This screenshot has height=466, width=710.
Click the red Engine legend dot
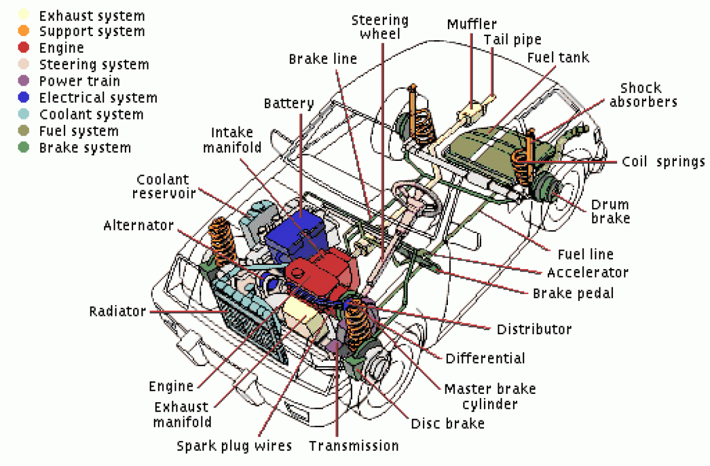point(24,48)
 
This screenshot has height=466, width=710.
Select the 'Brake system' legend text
point(85,148)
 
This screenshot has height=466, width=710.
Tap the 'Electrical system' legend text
point(98,98)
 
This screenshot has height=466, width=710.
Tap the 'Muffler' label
point(472,25)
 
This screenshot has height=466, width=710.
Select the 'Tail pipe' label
point(512,40)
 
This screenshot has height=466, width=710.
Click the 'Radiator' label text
point(117,311)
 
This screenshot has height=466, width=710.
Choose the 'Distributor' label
point(534,329)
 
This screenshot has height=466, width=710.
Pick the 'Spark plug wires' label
point(234,445)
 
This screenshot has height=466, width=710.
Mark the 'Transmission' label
point(354,445)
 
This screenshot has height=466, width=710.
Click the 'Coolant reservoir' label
point(163,186)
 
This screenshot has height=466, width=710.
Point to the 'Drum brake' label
point(610,211)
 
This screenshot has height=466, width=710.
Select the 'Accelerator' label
point(587,273)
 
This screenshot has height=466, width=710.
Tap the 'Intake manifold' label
point(232,140)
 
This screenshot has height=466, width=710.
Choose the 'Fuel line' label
point(585,254)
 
